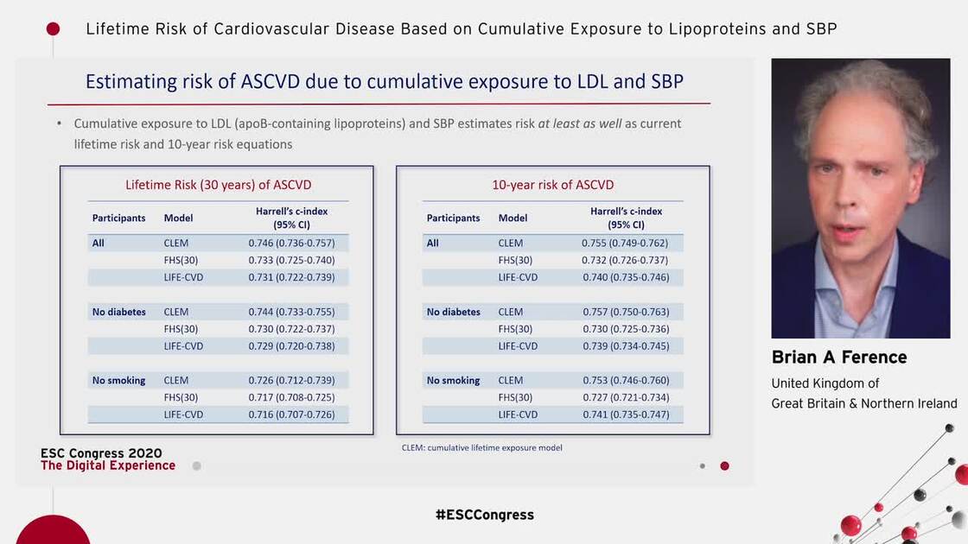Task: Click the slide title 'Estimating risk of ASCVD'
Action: coord(384,82)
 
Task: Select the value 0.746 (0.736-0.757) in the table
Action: coord(291,244)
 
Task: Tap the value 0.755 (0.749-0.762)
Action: coord(625,244)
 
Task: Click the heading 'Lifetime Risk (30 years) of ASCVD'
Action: coord(218,185)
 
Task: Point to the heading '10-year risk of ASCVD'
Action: coord(552,185)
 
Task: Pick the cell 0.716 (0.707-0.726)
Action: coord(291,415)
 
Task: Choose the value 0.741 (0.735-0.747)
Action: coord(625,415)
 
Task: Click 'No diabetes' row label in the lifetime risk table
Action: coord(119,312)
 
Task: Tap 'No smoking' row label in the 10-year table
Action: coord(453,381)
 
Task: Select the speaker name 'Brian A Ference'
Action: coord(838,357)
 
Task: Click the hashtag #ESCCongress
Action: coord(484,515)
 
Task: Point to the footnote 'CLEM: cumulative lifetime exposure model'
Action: coord(481,448)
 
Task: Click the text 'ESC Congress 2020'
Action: coord(101,453)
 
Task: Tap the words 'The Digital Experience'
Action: coord(108,466)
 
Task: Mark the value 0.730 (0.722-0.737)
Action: coord(291,329)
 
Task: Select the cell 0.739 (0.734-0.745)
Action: coord(625,346)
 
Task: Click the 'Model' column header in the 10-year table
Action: coord(513,218)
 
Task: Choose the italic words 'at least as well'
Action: coord(579,123)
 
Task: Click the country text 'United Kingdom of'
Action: coord(825,383)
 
